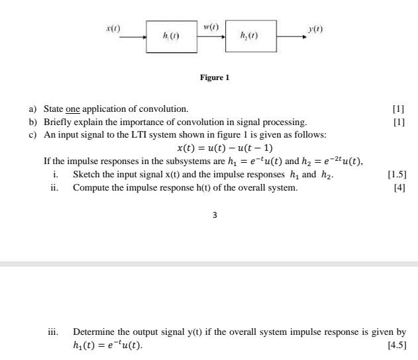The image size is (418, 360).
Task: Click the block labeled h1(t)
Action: (172, 37)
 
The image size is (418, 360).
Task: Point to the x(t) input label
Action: (114, 28)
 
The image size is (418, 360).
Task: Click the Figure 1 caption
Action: (214, 77)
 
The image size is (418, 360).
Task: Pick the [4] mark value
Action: (399, 188)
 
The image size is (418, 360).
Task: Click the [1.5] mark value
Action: (396, 175)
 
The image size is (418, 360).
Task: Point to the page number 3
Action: (215, 214)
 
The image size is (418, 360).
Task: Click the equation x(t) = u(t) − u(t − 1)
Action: (225, 148)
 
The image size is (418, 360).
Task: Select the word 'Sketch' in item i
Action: (87, 175)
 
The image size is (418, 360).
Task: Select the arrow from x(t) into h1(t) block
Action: (132, 38)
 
